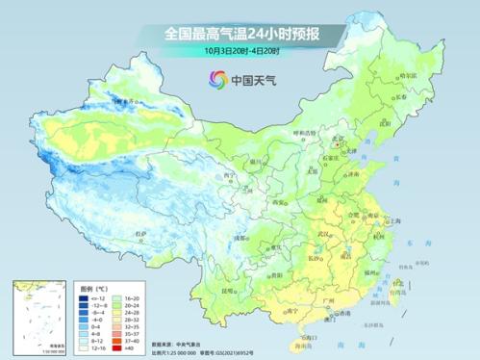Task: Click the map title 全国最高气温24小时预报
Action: [241, 34]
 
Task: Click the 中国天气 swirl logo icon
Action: [211, 78]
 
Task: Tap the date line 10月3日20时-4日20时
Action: [241, 50]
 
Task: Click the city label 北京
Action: [336, 138]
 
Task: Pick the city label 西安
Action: [278, 202]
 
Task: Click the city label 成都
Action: [235, 238]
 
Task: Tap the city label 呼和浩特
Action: [300, 133]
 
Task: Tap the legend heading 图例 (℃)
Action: [89, 286]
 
